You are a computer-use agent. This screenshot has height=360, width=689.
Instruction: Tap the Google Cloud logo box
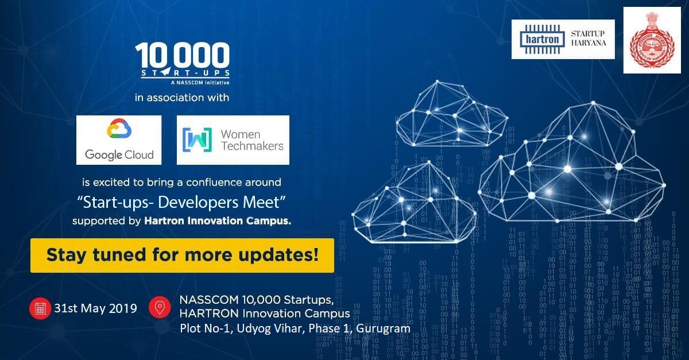click(x=119, y=140)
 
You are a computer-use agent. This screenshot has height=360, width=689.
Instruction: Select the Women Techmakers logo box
click(x=233, y=140)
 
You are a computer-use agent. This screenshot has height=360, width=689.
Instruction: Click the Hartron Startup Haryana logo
click(x=563, y=39)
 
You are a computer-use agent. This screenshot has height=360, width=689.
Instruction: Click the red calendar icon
click(x=40, y=308)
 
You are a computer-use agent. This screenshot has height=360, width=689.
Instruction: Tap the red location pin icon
click(x=160, y=308)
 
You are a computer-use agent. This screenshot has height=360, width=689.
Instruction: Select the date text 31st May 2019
click(x=95, y=308)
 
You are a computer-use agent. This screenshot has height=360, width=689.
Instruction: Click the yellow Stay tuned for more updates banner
click(x=182, y=255)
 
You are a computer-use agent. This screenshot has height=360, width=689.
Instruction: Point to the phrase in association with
click(x=182, y=98)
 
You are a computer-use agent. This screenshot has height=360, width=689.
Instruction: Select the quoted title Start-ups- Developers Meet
click(x=182, y=202)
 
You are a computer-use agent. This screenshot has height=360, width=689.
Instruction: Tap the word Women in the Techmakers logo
click(x=241, y=134)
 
